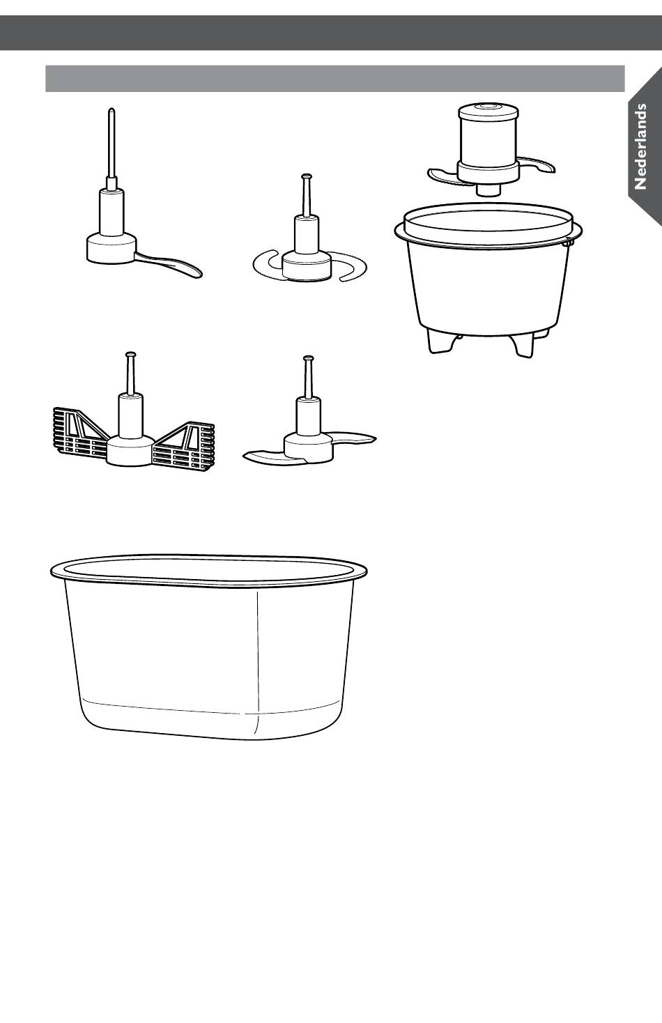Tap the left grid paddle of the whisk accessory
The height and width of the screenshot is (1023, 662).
tap(82, 432)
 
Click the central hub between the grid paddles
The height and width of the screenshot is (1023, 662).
tap(131, 450)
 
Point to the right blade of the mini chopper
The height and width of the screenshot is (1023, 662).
tap(537, 165)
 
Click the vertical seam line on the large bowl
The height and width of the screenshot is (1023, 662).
tap(259, 662)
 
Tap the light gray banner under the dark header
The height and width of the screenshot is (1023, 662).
tap(335, 79)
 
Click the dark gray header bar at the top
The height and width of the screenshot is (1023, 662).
tap(331, 33)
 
